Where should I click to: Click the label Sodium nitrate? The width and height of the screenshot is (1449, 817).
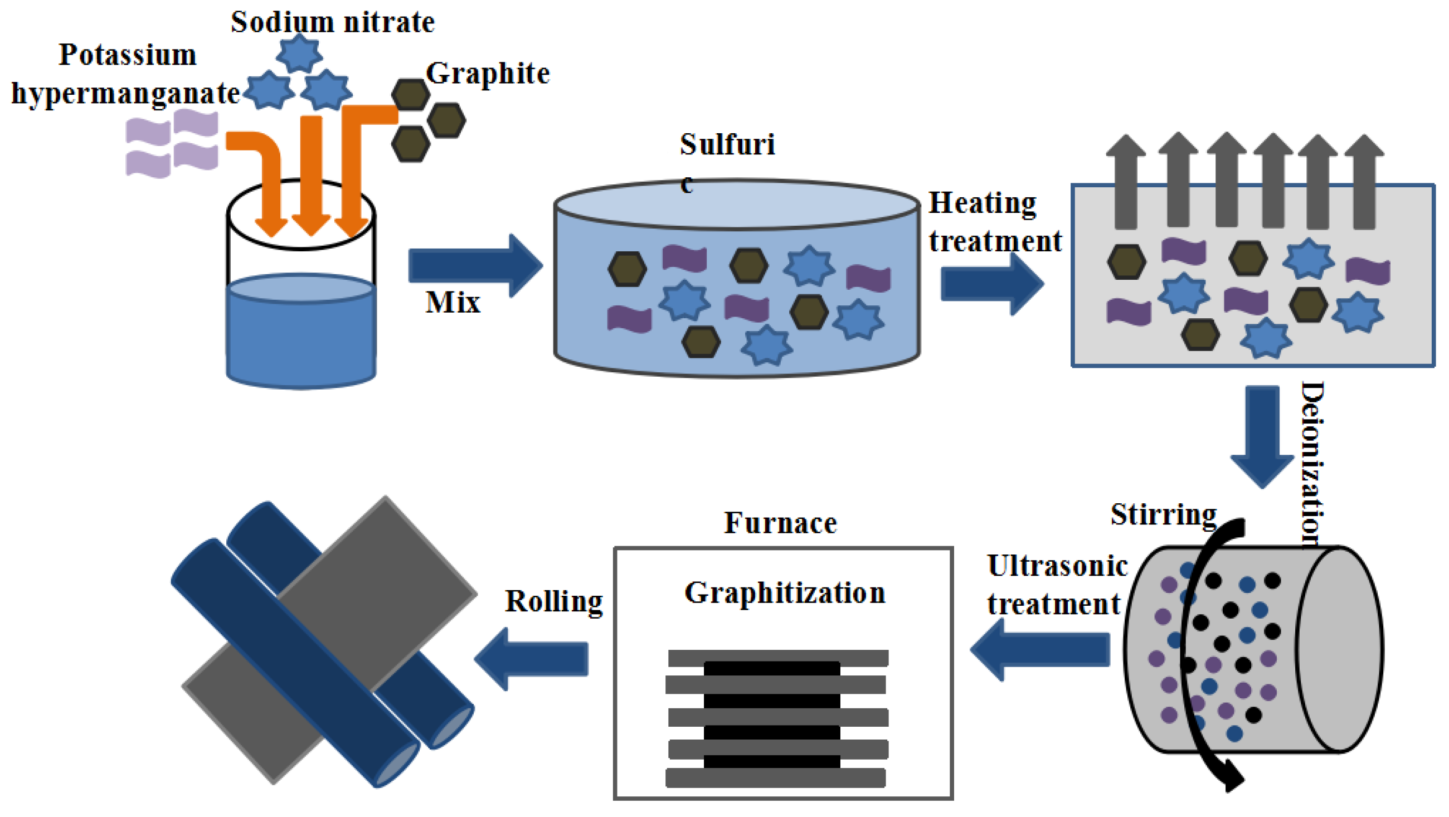click(333, 22)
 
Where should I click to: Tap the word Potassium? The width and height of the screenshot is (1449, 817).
click(128, 55)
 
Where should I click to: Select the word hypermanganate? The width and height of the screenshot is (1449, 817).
click(126, 93)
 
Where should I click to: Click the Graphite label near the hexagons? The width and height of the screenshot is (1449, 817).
click(487, 74)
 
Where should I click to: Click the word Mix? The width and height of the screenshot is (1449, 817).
click(453, 303)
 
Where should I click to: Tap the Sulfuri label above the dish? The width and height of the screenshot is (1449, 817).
click(727, 144)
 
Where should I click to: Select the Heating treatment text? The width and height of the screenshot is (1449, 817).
click(993, 222)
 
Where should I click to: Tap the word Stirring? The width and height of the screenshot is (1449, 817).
click(1163, 514)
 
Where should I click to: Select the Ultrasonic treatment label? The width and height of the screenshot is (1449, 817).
click(1056, 585)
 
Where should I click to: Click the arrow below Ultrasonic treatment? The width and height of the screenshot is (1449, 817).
click(1040, 650)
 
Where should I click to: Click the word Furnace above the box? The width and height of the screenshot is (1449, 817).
click(780, 523)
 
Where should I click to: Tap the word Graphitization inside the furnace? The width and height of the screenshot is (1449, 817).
click(785, 593)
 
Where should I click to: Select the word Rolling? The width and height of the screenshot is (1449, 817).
click(553, 601)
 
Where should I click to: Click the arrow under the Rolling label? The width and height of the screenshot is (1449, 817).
click(532, 658)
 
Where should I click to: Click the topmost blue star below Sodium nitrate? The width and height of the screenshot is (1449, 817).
click(299, 54)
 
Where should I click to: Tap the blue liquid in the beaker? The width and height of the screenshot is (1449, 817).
click(301, 338)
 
